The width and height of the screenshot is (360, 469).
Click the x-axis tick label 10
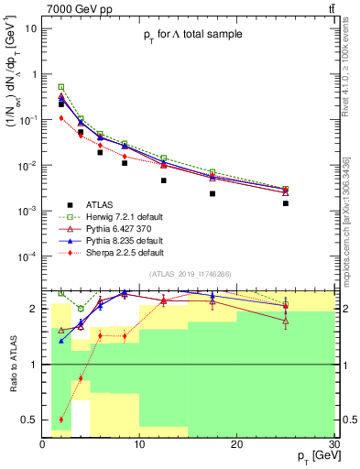click(x=139, y=445)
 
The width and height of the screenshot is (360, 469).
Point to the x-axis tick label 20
click(x=236, y=445)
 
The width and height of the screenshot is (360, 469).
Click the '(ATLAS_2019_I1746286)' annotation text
click(x=191, y=274)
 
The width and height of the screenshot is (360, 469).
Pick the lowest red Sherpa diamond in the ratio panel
click(x=61, y=420)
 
